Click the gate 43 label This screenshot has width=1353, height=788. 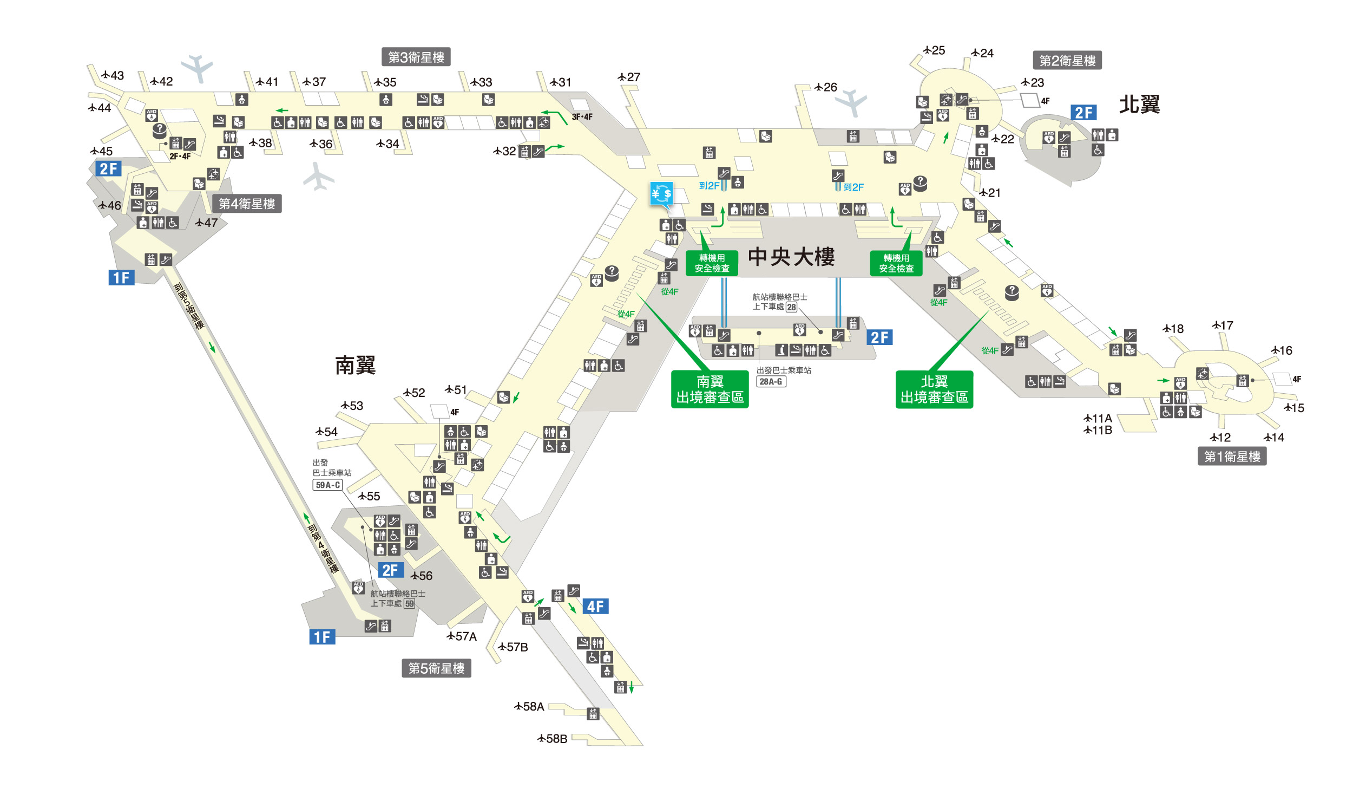(x=113, y=75)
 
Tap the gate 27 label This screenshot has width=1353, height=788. (x=629, y=77)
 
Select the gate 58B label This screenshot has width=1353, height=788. (x=552, y=739)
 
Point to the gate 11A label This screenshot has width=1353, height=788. (x=1098, y=418)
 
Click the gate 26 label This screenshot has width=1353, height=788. (x=826, y=87)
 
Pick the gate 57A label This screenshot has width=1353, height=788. (x=462, y=636)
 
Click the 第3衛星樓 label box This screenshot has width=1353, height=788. (x=416, y=57)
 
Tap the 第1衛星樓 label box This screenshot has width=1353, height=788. (x=1232, y=456)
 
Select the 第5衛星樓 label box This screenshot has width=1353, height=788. (x=436, y=668)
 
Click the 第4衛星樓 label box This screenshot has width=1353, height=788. (x=247, y=203)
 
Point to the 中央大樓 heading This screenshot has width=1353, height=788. (x=791, y=257)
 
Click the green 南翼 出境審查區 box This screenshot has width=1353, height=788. (x=710, y=389)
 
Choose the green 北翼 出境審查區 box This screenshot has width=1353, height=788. (x=934, y=389)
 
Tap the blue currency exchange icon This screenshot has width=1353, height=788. (x=662, y=194)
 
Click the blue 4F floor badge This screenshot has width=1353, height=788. (x=595, y=606)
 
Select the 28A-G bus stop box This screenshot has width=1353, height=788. (x=771, y=381)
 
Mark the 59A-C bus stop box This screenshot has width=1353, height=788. (x=327, y=485)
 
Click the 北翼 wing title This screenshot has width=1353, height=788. (x=1139, y=104)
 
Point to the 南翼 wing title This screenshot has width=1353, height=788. (x=355, y=366)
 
